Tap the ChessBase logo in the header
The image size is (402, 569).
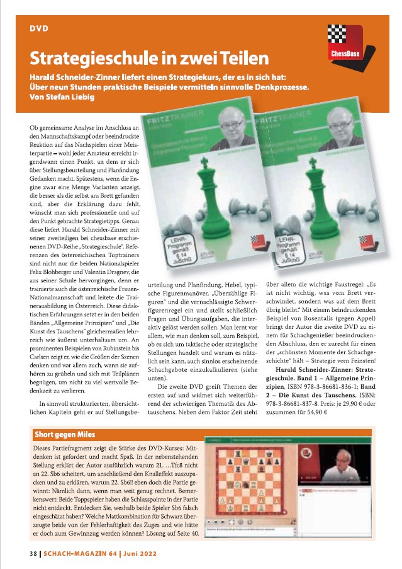tap(345, 42)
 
